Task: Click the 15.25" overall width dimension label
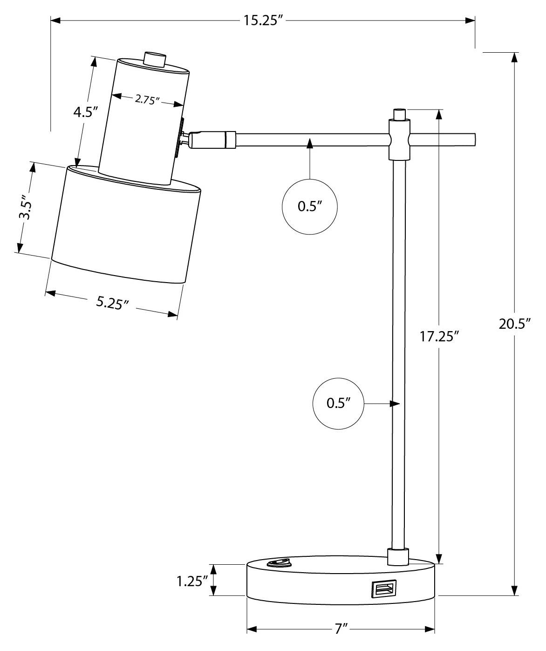click(x=263, y=21)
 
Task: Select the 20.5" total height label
click(x=515, y=324)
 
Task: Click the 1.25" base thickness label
click(x=191, y=581)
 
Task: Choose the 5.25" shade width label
click(x=112, y=303)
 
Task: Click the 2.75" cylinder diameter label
click(x=147, y=100)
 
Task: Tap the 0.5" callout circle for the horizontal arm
click(x=310, y=206)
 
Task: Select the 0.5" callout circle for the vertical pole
click(x=338, y=403)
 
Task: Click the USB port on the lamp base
click(x=384, y=588)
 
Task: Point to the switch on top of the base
click(x=278, y=563)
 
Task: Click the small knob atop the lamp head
click(x=155, y=60)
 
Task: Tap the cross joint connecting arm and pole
click(x=399, y=139)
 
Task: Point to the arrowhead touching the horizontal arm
click(x=310, y=143)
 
